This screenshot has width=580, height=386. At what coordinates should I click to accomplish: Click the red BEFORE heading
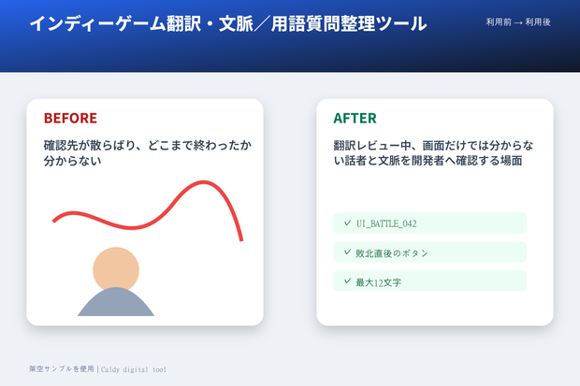click(x=70, y=119)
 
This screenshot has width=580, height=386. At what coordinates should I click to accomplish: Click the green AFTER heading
click(x=355, y=119)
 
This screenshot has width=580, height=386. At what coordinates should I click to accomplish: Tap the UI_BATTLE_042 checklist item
click(x=429, y=223)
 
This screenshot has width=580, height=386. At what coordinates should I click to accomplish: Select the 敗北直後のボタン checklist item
click(x=429, y=252)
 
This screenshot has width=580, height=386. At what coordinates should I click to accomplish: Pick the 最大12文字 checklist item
click(x=429, y=281)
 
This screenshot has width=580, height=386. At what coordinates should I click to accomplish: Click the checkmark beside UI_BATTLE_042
click(x=347, y=222)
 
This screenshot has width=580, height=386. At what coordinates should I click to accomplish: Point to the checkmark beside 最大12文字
click(x=347, y=281)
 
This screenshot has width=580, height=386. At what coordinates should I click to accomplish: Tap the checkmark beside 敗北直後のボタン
click(x=347, y=251)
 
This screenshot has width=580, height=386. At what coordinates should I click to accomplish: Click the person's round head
click(x=116, y=269)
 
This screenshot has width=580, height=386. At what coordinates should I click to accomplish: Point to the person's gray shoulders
click(x=116, y=303)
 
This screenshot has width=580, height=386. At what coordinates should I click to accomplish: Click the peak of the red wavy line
click(x=203, y=182)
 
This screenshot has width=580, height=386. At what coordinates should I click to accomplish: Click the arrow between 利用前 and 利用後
click(x=518, y=23)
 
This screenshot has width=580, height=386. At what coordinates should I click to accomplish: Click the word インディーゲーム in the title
click(x=97, y=23)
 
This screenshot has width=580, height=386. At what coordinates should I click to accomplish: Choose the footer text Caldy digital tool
click(x=134, y=369)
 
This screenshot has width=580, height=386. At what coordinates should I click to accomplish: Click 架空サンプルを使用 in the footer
click(x=62, y=369)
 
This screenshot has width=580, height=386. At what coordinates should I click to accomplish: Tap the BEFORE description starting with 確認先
click(x=148, y=153)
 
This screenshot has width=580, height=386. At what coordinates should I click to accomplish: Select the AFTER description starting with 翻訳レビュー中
click(x=433, y=153)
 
